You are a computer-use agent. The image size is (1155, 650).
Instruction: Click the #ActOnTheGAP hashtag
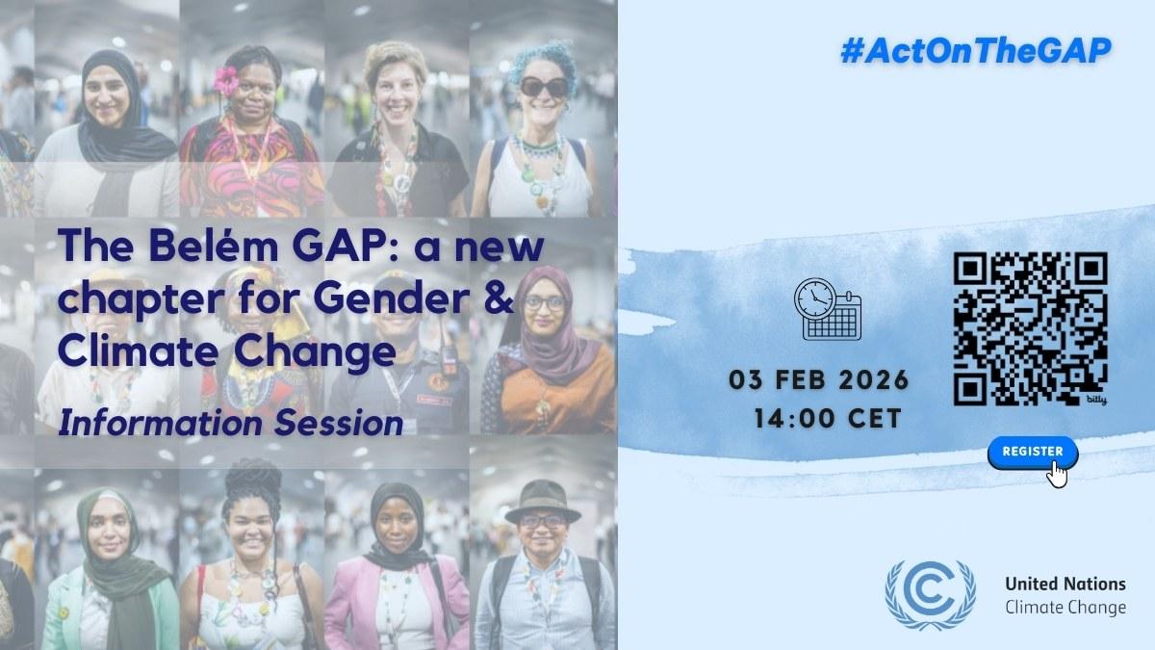coord(976,52)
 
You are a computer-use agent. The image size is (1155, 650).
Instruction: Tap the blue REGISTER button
coord(1033,453)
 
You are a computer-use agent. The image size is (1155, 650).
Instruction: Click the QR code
coord(1030,328)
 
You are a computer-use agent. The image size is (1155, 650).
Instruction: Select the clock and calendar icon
coord(828,309)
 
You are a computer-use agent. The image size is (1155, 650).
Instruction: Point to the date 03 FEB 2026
coord(819,380)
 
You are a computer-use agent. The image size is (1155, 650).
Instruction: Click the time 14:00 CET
coord(828,418)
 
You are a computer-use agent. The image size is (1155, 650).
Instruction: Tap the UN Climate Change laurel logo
coord(930,595)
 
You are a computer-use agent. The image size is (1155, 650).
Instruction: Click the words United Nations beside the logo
coord(1065,584)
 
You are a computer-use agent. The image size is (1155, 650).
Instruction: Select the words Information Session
coord(230,424)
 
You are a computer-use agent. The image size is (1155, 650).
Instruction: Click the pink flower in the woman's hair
coord(226,81)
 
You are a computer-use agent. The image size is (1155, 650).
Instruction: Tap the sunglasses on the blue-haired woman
coord(544,87)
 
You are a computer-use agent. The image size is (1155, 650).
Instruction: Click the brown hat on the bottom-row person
coord(543,502)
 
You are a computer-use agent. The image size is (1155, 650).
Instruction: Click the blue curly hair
coord(544,61)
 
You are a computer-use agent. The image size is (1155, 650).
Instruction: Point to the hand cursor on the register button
coord(1057,475)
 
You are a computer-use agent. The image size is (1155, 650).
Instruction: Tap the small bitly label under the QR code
coord(1096,400)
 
